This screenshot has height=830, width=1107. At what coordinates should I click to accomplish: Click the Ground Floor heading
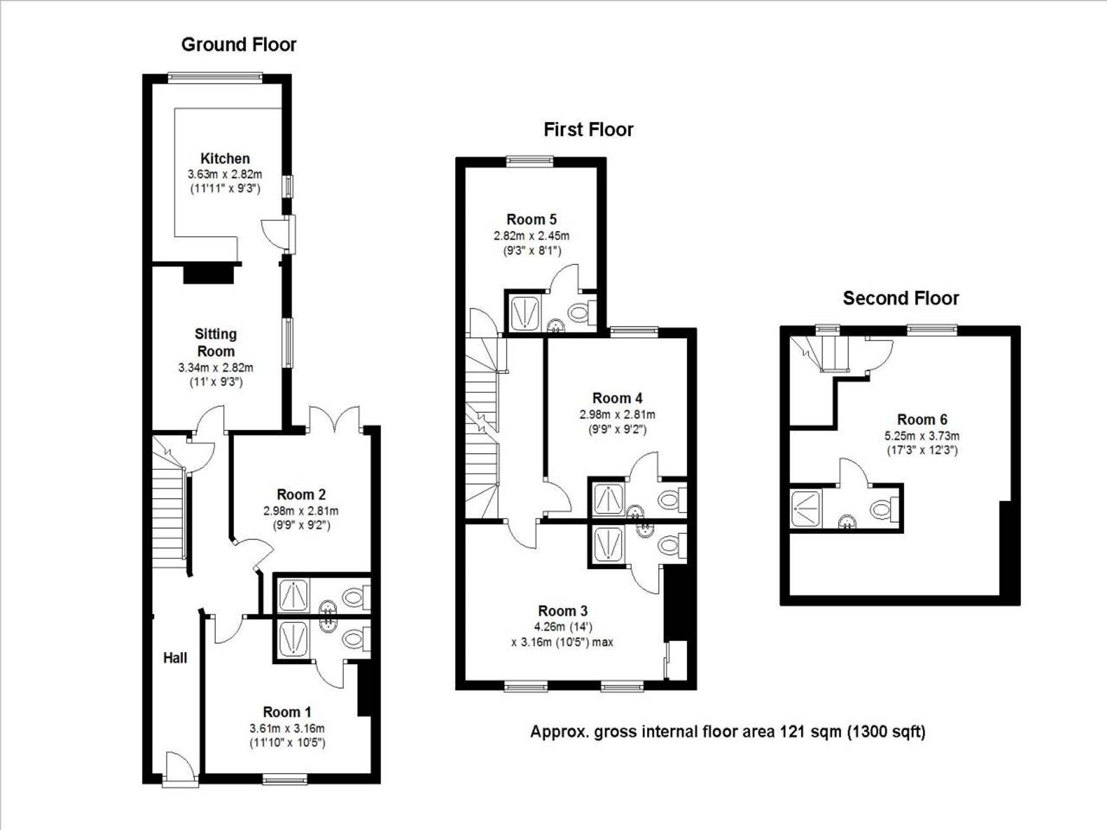(x=239, y=44)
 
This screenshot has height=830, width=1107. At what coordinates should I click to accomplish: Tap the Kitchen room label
(x=225, y=158)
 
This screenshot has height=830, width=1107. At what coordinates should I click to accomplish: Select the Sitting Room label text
(x=216, y=343)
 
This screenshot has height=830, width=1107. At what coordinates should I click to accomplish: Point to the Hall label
(x=175, y=658)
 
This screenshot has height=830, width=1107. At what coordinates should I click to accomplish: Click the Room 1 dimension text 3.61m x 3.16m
(x=287, y=728)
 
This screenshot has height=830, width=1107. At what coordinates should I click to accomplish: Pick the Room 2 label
(x=301, y=494)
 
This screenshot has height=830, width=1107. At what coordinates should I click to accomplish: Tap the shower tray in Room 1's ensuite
(x=293, y=639)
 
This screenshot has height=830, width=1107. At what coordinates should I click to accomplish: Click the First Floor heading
(x=588, y=129)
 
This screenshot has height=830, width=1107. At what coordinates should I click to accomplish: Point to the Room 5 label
(x=531, y=219)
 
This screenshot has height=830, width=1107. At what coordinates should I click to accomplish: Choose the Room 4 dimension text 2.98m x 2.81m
(x=617, y=414)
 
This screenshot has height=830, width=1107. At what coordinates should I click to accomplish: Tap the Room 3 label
(x=562, y=611)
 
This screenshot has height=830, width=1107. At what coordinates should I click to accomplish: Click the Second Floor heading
(x=901, y=298)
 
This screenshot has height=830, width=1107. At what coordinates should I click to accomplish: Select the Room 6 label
(x=922, y=419)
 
